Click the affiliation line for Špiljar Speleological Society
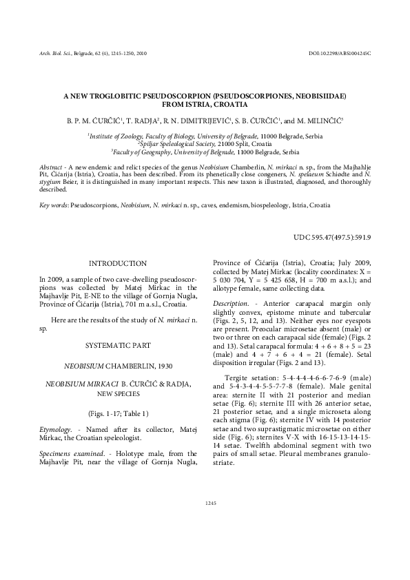204,144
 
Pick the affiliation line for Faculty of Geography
204,151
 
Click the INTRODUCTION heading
118,263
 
